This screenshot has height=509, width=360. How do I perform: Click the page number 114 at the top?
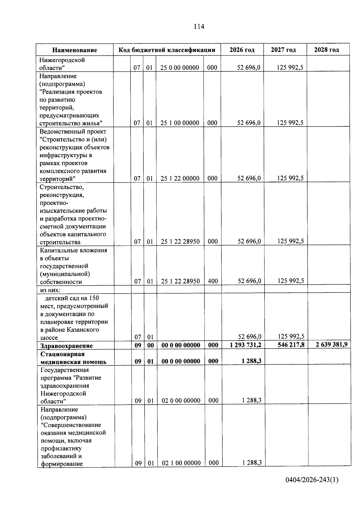[199, 27]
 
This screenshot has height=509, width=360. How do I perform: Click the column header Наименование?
[75, 50]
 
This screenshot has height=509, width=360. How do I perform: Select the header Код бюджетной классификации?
[167, 50]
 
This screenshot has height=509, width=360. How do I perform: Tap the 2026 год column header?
[242, 50]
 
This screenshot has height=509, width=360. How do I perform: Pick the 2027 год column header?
[283, 50]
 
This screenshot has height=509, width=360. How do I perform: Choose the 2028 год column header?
[326, 50]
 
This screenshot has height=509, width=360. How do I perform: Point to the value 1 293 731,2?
[245, 345]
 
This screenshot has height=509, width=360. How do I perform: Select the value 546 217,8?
[291, 345]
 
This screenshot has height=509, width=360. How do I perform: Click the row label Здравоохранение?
[66, 346]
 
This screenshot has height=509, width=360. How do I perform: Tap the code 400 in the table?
[213, 281]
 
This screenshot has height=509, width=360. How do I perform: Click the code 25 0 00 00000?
[179, 68]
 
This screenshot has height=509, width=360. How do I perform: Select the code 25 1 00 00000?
[180, 123]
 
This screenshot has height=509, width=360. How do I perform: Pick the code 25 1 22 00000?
[180, 178]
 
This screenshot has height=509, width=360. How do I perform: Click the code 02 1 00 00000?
[181, 463]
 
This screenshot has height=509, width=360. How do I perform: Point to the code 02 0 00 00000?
[181, 401]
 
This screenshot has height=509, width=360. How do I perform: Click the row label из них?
[50, 290]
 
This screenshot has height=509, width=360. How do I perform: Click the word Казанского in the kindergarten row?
[82, 330]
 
